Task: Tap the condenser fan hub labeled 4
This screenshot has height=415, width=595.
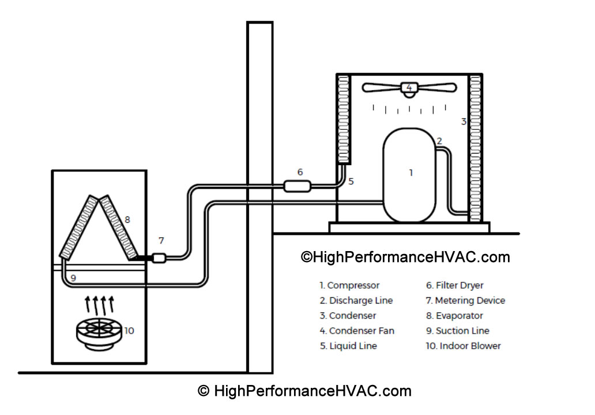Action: coord(409,88)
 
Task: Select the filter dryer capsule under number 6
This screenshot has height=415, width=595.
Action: coord(298,186)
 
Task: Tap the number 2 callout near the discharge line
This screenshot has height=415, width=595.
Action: coord(439,141)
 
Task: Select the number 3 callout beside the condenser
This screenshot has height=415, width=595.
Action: coord(463,121)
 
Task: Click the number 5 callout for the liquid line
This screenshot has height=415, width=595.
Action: coord(351,181)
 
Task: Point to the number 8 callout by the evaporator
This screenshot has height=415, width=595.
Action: coord(127,219)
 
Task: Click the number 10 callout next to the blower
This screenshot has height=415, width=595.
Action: coord(129,331)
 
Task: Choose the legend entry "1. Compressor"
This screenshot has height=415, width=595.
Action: coord(350,286)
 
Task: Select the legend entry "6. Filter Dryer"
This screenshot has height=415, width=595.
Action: coord(454,286)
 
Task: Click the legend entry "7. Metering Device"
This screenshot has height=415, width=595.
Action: coord(465,301)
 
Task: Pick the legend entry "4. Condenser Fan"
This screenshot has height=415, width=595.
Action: coord(357,331)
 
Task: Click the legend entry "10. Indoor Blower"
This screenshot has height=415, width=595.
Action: coord(463,346)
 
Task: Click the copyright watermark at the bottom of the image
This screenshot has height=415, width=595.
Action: coord(304,391)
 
